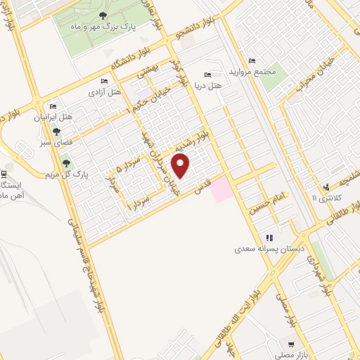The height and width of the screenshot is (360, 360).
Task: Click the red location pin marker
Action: click(181, 165)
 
